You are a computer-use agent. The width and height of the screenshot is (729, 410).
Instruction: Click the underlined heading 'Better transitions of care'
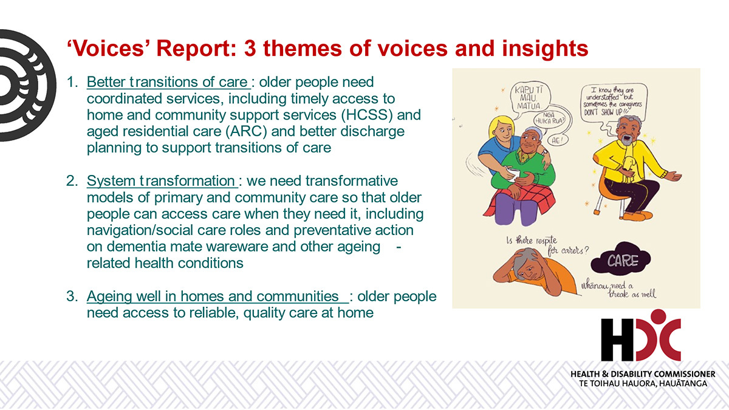coord(168,82)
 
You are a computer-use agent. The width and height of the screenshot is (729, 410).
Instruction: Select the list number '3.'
coord(72,296)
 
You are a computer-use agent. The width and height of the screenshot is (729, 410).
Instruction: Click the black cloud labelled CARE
coord(621,259)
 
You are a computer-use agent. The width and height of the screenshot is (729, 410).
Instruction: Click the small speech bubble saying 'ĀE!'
coord(558,140)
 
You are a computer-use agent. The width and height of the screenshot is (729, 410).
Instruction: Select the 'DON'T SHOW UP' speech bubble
coord(614,102)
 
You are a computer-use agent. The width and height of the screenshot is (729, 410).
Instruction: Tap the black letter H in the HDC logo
coord(617,340)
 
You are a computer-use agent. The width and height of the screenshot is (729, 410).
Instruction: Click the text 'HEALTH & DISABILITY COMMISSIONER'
coord(643,374)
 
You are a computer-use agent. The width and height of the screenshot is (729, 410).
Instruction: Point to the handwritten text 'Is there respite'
coord(532,241)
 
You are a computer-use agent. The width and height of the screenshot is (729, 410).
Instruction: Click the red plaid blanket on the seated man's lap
coord(521,199)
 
